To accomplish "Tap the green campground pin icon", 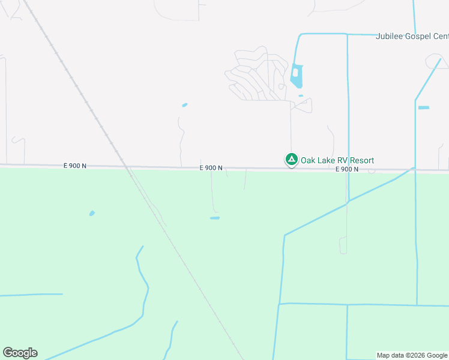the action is [x=291, y=160].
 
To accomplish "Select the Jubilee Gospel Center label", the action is [x=412, y=36].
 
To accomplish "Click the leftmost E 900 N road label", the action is [x=75, y=165].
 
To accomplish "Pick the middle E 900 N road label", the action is [x=211, y=168].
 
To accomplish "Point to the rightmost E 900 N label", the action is [x=347, y=169].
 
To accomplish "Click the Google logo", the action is [x=20, y=353].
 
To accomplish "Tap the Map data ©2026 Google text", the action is [x=412, y=355].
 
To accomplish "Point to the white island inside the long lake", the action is [x=295, y=73].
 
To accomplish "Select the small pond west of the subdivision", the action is [x=185, y=105].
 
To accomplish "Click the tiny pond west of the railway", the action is [x=92, y=213].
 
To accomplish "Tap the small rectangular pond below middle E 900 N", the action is [x=214, y=218].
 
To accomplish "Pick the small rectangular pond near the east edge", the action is [x=424, y=107].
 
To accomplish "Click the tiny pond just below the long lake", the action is [x=301, y=95].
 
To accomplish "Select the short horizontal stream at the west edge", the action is [x=30, y=295].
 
